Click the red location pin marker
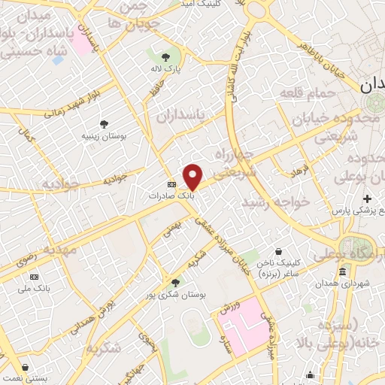point(192,176)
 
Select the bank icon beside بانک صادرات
point(171,183)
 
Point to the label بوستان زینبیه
point(103,136)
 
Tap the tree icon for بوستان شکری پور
point(175,282)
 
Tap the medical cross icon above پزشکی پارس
point(367,199)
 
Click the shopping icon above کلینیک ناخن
point(278,251)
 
